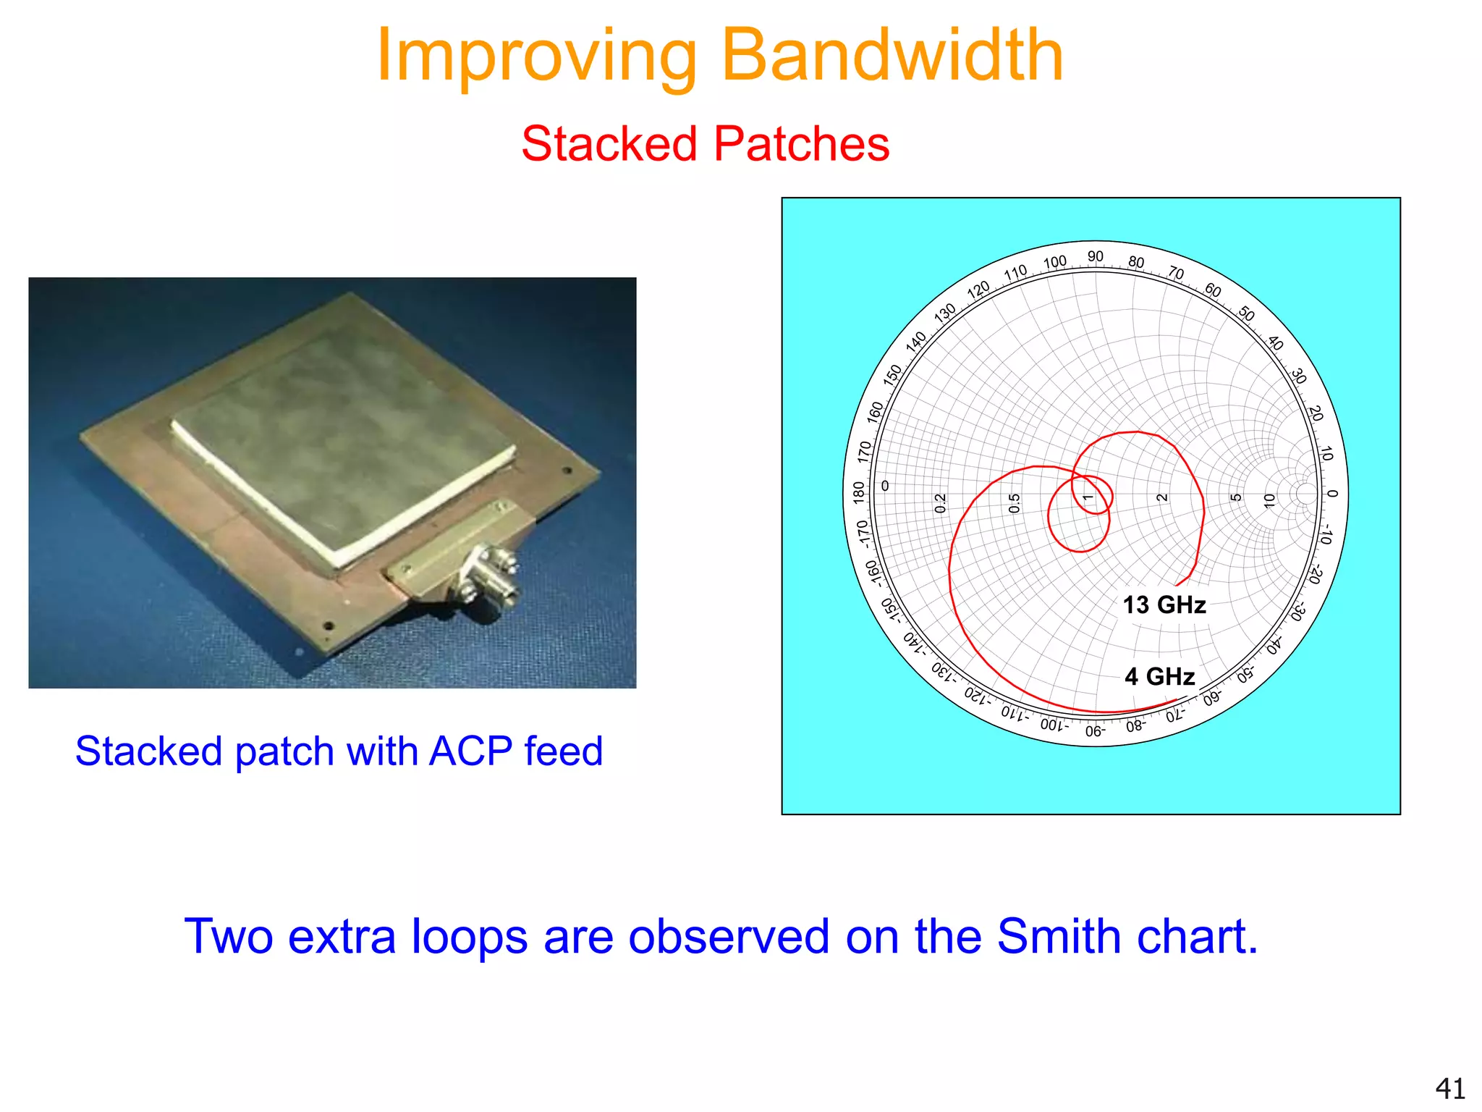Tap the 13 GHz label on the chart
pos(1164,605)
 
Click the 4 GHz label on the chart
pos(1159,676)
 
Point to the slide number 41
pos(1449,1089)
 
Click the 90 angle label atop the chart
pos(1096,256)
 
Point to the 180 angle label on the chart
pos(859,492)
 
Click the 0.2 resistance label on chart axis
pos(940,502)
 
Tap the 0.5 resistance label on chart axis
pos(1014,502)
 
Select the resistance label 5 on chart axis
pos(1236,497)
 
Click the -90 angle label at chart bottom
pos(1095,731)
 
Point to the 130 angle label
pos(944,313)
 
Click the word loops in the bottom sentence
pos(470,936)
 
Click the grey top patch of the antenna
pos(344,434)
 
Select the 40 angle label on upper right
pos(1275,343)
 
